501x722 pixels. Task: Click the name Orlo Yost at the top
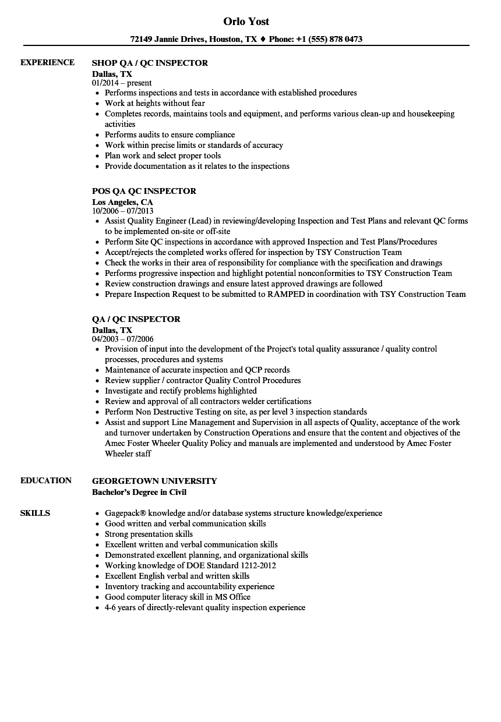pyautogui.click(x=246, y=22)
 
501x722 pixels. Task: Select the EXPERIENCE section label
pyautogui.click(x=47, y=62)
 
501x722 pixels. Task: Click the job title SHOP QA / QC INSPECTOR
pyautogui.click(x=150, y=63)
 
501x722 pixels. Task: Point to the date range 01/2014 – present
pyautogui.click(x=122, y=83)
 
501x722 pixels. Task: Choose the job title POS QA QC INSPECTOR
pyautogui.click(x=144, y=191)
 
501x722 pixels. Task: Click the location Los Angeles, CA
pyautogui.click(x=122, y=202)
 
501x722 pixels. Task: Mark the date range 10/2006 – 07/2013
pyautogui.click(x=123, y=211)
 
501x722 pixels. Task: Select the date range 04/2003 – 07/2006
pyautogui.click(x=123, y=339)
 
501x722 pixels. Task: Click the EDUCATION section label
pyautogui.click(x=46, y=480)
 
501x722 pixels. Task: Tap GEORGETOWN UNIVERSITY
pyautogui.click(x=154, y=481)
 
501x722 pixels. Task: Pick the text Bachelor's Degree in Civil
pyautogui.click(x=139, y=492)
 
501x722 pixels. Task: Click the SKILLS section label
pyautogui.click(x=35, y=513)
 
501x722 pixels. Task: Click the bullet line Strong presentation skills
pyautogui.click(x=149, y=534)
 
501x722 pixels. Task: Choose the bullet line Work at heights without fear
pyautogui.click(x=155, y=103)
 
